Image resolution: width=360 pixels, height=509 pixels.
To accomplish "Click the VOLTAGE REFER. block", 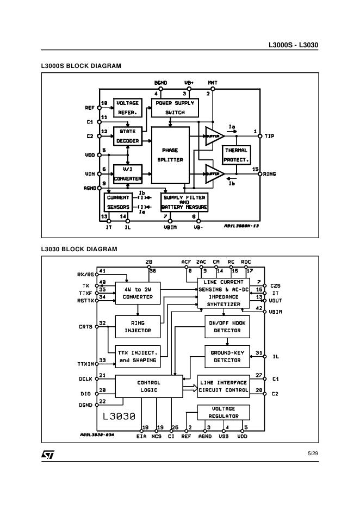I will pos(127,108).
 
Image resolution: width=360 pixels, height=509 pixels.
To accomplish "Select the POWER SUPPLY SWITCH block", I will pos(175,108).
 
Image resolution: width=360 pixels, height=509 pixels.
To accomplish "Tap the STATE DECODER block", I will pos(127,136).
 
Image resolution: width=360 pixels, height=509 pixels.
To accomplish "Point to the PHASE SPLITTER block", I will pos(170,155).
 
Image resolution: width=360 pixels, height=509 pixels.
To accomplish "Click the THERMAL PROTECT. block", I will pos(236,155).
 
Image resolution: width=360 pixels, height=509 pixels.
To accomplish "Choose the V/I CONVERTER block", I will pos(127,174).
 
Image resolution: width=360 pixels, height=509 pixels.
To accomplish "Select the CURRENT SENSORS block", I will pos(118,202).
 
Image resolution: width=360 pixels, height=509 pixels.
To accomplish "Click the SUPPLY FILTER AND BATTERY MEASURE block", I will pos(184,202).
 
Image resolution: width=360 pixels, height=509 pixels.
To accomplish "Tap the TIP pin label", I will pos(269,136).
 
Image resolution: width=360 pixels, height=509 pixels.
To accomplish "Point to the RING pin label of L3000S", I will pos(270,174).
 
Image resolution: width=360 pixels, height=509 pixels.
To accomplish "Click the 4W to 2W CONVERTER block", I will pos(138,294).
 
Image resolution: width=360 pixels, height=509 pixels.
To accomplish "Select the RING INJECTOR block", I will pos(138,326).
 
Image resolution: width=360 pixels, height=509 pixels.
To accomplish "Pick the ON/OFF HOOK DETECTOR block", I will pos(227,326).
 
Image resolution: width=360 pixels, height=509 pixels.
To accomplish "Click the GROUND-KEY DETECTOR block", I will pos(227,356).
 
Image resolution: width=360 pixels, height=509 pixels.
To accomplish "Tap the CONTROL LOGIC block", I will pos(148,386).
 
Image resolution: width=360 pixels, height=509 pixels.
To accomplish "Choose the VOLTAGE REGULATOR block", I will pos(224,412).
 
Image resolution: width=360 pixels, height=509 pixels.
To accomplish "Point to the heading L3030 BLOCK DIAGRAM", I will pos(79,249).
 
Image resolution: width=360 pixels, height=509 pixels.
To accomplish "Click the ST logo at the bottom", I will pos(48,454).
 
